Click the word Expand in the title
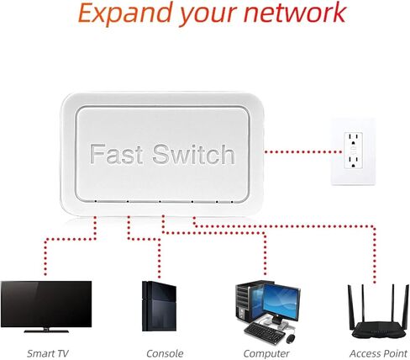tap(124, 13)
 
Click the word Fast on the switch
tap(117, 154)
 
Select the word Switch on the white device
tap(194, 154)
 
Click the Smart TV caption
tap(47, 353)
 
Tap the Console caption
tap(165, 353)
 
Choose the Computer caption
tap(266, 354)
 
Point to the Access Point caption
tap(378, 353)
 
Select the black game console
tap(159, 306)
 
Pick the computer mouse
tap(291, 339)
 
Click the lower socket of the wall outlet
tap(354, 162)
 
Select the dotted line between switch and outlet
tap(302, 152)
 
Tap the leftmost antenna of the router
tap(350, 308)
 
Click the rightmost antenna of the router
tap(405, 308)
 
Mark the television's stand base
tap(46, 331)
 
